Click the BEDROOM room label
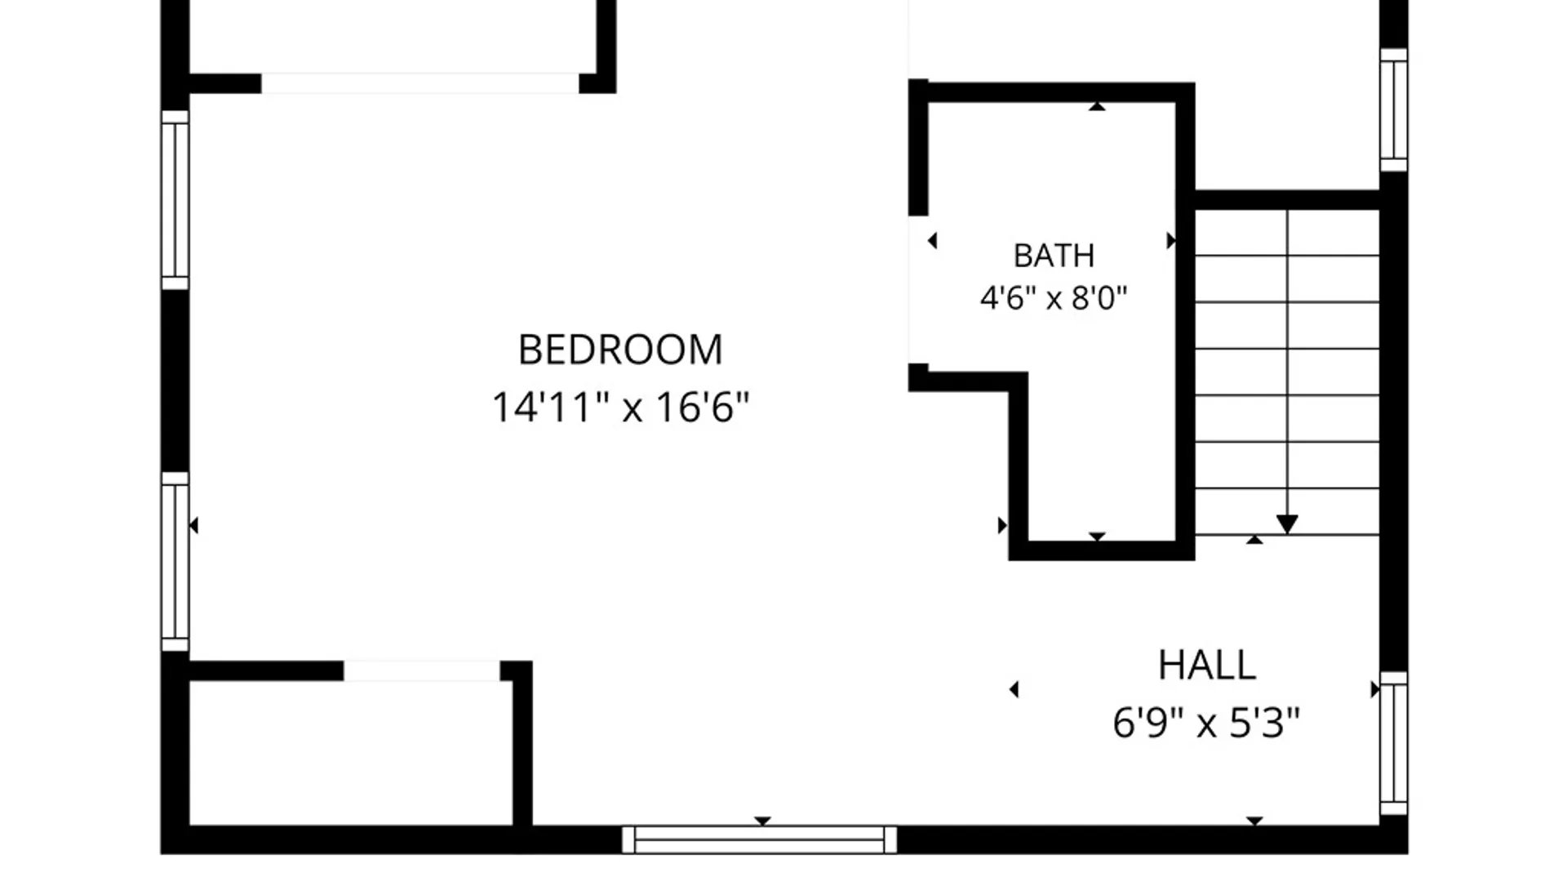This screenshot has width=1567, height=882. (x=620, y=350)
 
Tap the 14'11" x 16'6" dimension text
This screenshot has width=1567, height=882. (x=620, y=407)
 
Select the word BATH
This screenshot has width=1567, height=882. (x=1054, y=256)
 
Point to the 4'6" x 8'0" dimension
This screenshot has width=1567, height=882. (x=1054, y=298)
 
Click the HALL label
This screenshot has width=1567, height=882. (x=1206, y=666)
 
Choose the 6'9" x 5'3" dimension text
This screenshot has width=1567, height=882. (x=1206, y=723)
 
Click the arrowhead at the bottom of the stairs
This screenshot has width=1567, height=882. (x=1287, y=524)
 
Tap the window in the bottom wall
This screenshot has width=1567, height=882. (x=759, y=840)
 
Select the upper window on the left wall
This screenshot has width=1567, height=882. (x=175, y=200)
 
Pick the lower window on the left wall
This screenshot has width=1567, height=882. (x=175, y=562)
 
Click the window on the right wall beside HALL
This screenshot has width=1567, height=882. (x=1393, y=743)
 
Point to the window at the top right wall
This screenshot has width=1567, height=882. (x=1393, y=109)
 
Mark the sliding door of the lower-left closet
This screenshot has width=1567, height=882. (x=422, y=671)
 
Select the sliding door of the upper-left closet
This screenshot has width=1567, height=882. (x=420, y=83)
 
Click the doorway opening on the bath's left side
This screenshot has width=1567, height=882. (x=918, y=290)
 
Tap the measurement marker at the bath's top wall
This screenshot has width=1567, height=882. (x=1097, y=107)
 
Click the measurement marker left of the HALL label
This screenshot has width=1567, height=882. (x=1014, y=690)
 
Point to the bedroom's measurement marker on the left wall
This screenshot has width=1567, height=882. (x=193, y=525)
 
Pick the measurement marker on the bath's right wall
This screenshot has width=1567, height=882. (x=1171, y=240)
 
